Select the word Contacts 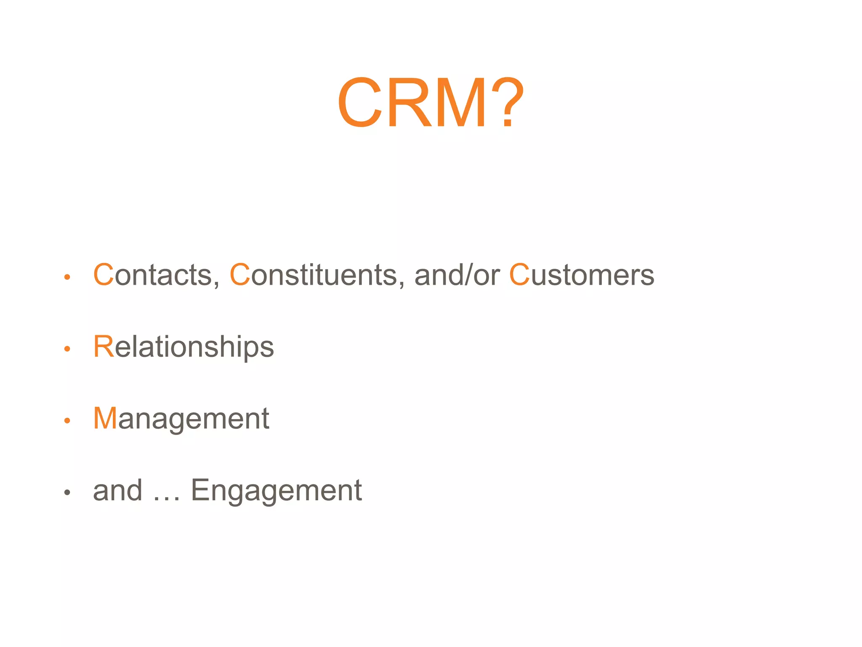[x=156, y=275]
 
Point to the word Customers [x=582, y=275]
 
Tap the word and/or [x=457, y=275]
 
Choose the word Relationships [x=184, y=347]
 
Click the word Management [x=181, y=419]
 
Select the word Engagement [x=276, y=491]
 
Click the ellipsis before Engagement [x=167, y=497]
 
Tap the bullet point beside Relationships [x=67, y=349]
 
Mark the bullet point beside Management [x=67, y=420]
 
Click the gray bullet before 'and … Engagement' [x=67, y=492]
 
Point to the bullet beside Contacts [x=67, y=277]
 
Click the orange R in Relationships [x=104, y=347]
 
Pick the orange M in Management [x=105, y=419]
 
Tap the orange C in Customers [x=519, y=275]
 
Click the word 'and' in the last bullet [x=117, y=491]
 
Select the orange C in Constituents [x=240, y=275]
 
